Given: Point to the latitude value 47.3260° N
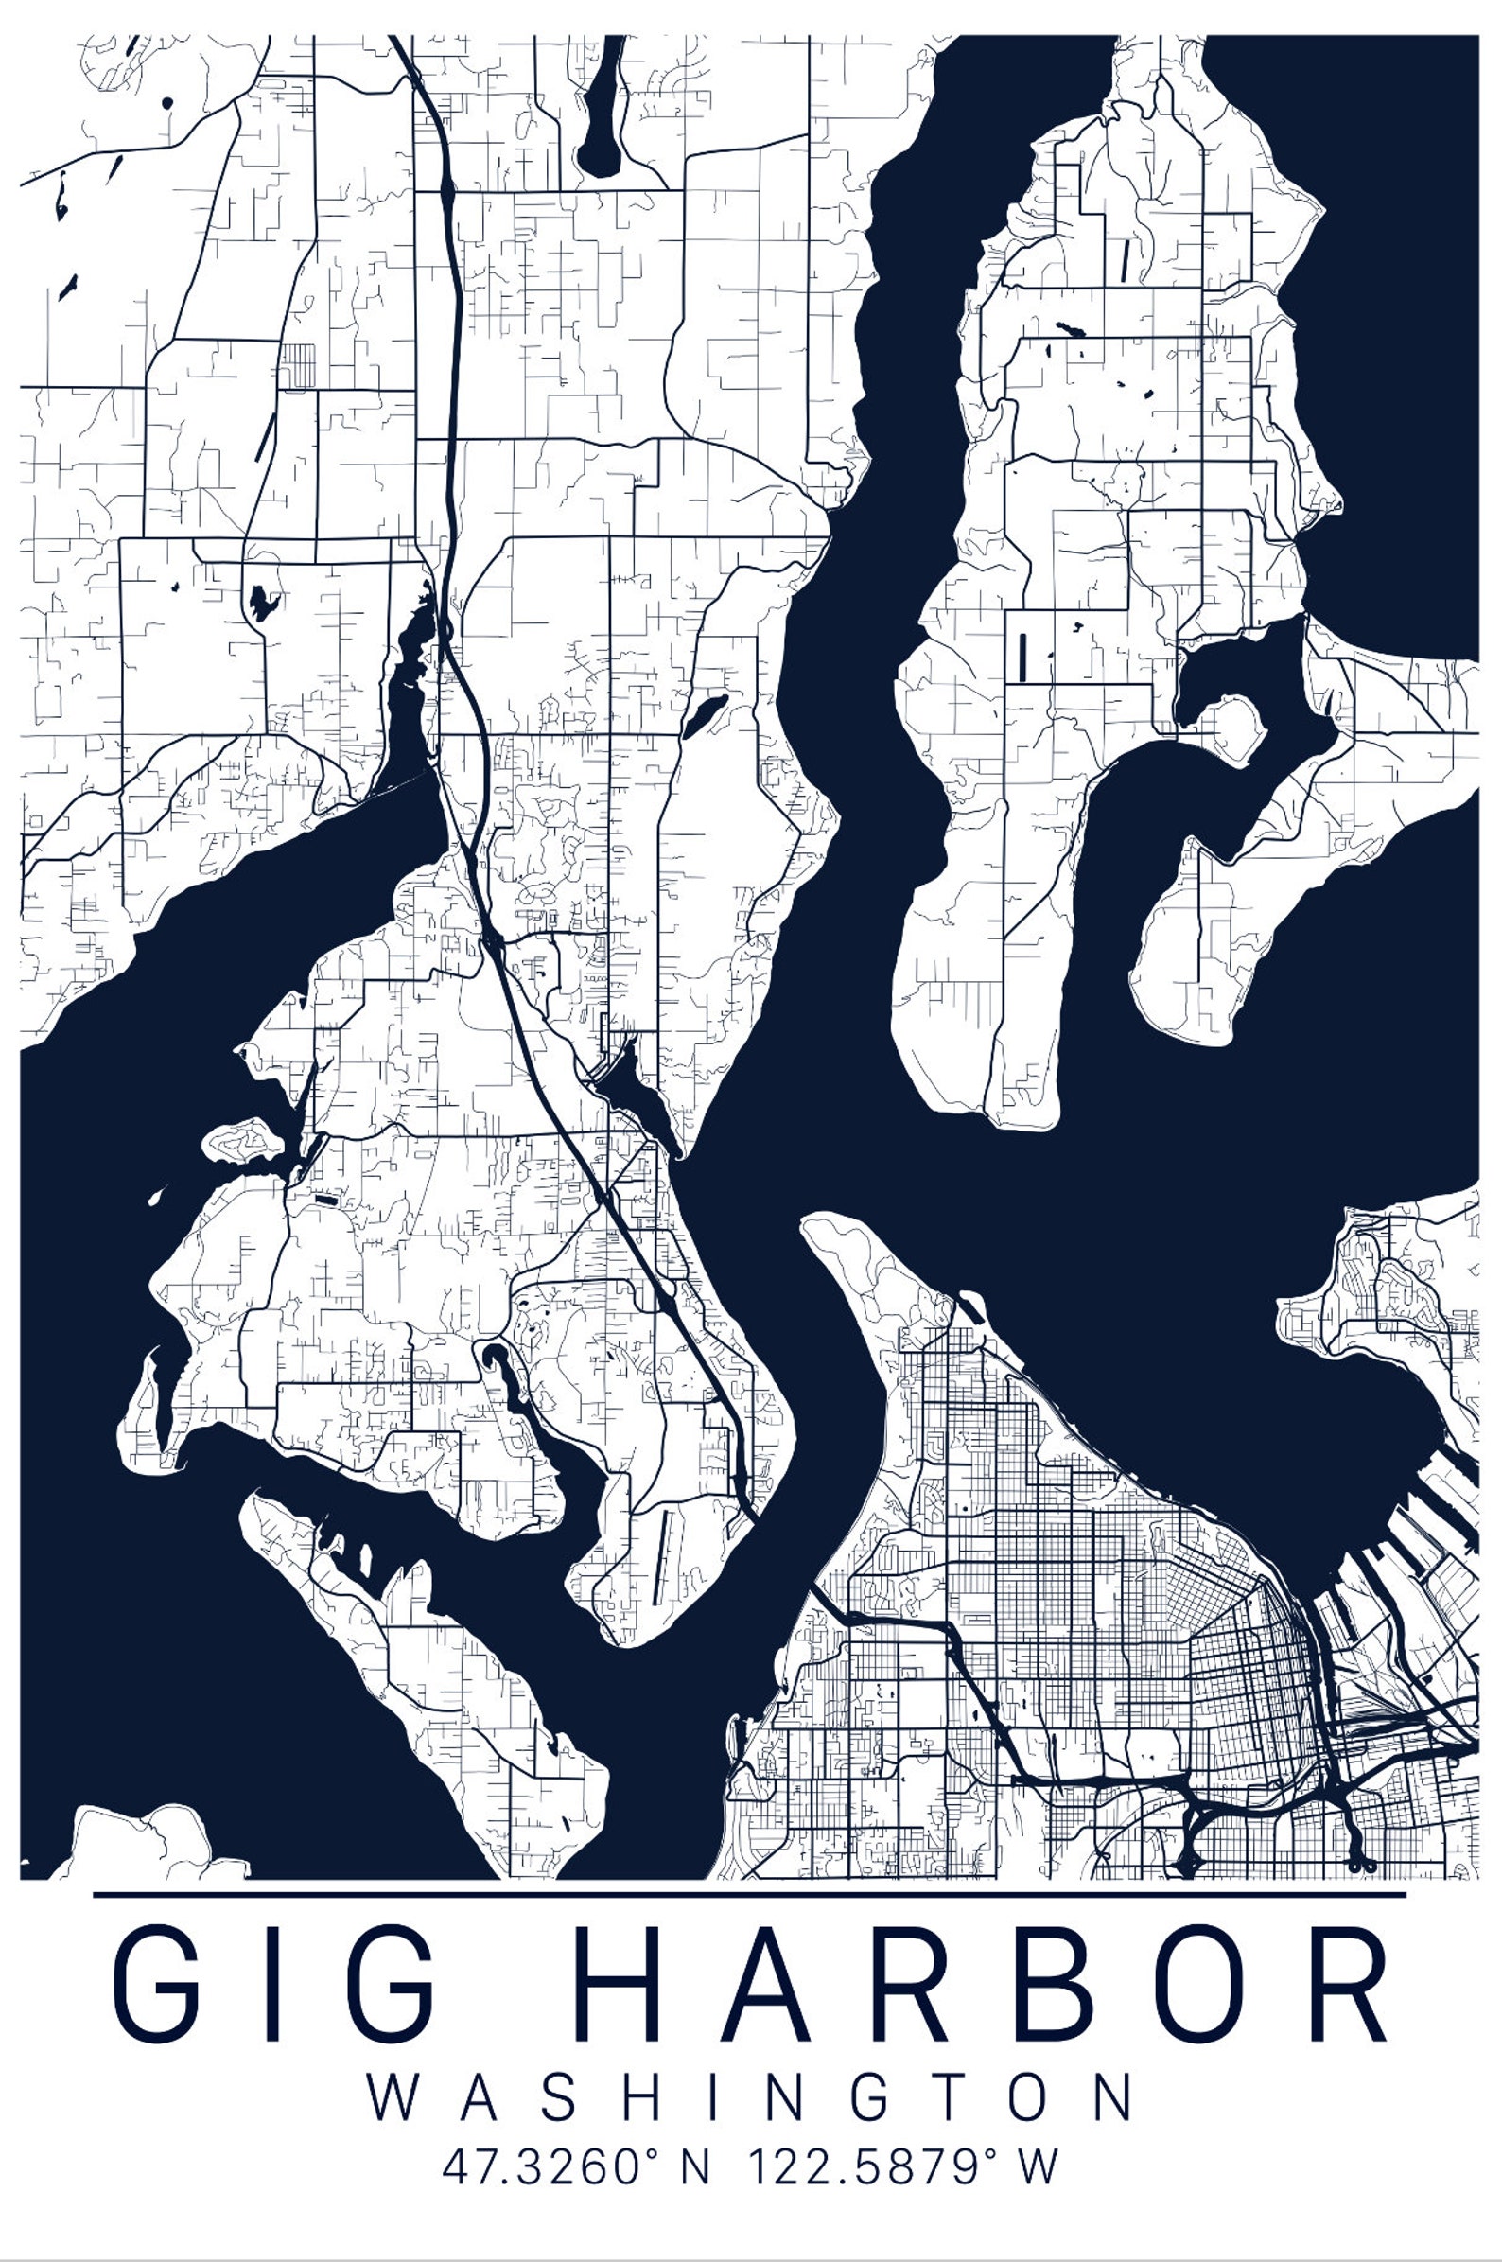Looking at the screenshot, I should pyautogui.click(x=575, y=2166).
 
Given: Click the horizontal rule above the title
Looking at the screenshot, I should pyautogui.click(x=749, y=1894).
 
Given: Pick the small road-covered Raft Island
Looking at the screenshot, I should pyautogui.click(x=242, y=1140).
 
